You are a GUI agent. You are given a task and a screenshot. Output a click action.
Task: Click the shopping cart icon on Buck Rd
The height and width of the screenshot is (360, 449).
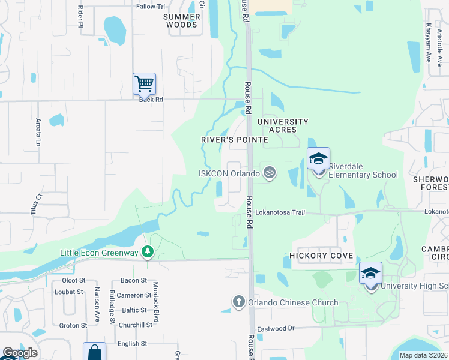click(x=144, y=83)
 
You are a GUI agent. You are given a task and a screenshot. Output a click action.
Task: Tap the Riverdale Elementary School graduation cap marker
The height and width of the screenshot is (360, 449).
click(x=318, y=158)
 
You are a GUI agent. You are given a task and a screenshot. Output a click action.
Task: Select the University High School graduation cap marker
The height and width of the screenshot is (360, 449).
click(x=371, y=273)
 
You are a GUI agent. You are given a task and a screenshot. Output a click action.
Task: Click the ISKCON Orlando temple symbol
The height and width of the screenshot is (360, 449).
click(x=270, y=173)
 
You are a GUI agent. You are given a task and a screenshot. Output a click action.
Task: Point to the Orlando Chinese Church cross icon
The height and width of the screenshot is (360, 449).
click(x=238, y=302)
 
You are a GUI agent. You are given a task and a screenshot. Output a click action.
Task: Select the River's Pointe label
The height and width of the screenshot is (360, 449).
click(x=234, y=140)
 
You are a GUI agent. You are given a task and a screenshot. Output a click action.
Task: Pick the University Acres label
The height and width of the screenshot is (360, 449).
click(x=283, y=126)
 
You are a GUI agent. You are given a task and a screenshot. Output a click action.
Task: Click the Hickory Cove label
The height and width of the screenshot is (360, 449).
click(x=317, y=256)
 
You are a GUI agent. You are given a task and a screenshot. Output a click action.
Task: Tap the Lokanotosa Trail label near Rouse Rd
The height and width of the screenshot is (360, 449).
click(x=280, y=212)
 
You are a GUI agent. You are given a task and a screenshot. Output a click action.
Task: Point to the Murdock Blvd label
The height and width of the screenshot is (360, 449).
click(x=155, y=302)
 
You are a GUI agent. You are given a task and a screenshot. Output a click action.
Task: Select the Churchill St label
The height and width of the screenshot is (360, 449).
click(x=135, y=325)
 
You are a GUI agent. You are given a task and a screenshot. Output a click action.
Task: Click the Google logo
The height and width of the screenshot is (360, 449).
click(x=20, y=353)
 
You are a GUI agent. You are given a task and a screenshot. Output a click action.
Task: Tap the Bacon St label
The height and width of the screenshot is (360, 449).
click(x=133, y=280)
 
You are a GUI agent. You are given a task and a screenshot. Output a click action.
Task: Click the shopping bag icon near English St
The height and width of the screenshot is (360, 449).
click(x=94, y=352)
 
